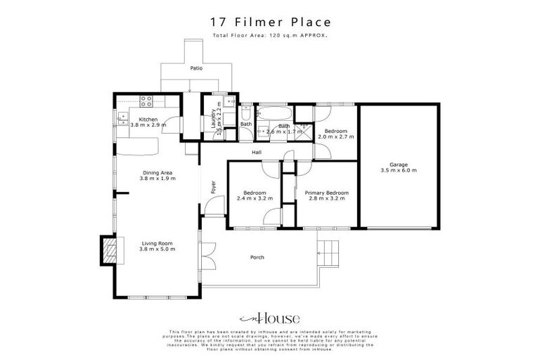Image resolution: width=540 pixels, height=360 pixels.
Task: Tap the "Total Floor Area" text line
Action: click(270, 34)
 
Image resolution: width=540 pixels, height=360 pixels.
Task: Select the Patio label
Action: click(196, 69)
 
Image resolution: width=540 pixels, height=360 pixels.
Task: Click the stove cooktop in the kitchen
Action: click(147, 100)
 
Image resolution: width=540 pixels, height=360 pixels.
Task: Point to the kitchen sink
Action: click(122, 117)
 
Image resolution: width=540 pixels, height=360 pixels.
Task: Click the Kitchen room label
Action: click(148, 119)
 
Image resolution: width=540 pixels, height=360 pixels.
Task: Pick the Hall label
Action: click(258, 151)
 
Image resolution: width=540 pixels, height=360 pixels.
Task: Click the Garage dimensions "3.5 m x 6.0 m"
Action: click(399, 170)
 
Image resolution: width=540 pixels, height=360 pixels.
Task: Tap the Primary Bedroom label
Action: click(326, 193)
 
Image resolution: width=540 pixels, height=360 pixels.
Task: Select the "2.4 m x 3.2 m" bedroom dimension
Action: click(254, 199)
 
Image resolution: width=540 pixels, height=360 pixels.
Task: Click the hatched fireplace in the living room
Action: click(109, 250)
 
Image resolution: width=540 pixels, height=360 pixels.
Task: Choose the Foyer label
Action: click(213, 188)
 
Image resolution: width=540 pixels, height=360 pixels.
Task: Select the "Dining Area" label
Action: click(157, 172)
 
